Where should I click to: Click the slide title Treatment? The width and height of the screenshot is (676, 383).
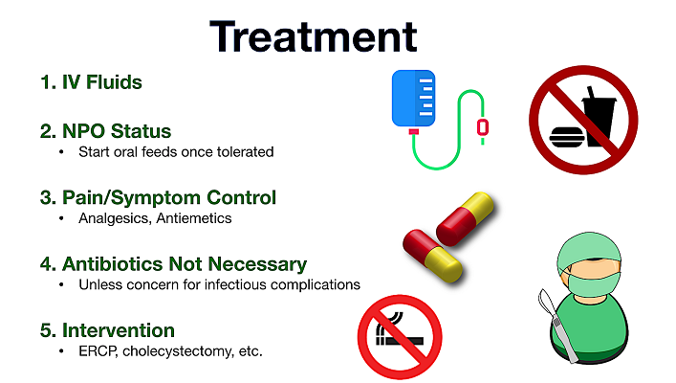coord(314,36)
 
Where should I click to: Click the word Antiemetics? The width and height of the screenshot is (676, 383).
coord(193,218)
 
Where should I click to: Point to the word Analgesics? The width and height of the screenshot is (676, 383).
coord(115,219)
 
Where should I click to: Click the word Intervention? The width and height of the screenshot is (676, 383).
coord(119,330)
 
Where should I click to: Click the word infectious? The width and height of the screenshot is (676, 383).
coord(235,285)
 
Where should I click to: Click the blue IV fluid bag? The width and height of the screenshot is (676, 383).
coord(413,99)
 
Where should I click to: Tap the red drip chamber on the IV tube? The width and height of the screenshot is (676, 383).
coord(483,127)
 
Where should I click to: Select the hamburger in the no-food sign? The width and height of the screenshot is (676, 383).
coord(566,137)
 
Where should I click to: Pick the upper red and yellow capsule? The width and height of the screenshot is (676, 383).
coord(465,218)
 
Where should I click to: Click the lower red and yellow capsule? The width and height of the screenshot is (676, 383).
coord(432,256)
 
